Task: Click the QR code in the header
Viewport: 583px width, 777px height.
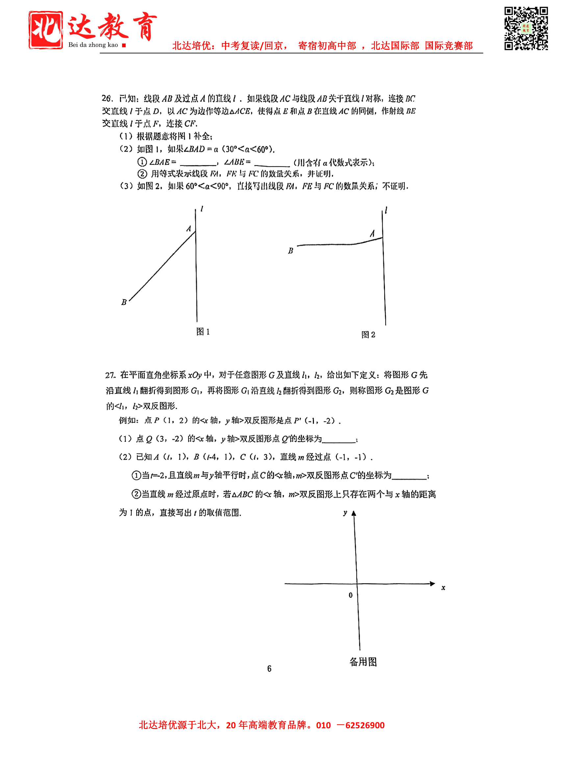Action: tap(526, 28)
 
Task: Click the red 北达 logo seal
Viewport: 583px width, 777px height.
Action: tap(46, 30)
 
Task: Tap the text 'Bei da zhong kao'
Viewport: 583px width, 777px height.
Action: tap(93, 45)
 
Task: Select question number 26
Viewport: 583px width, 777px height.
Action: tap(107, 98)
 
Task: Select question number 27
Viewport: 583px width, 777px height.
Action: tap(110, 375)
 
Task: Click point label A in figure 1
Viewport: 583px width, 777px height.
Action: tap(189, 229)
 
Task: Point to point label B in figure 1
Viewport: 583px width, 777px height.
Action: tap(124, 302)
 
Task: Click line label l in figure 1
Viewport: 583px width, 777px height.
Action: tap(202, 209)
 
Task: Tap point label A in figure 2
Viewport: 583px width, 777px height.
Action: tap(372, 234)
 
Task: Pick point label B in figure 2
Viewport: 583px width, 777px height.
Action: tap(290, 251)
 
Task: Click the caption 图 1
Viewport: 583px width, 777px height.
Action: tap(203, 332)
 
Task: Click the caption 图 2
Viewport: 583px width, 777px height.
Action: tap(368, 335)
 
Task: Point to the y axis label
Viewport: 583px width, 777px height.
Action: tap(345, 513)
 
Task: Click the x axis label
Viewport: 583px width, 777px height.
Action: tap(443, 588)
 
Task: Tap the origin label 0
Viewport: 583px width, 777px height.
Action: tap(350, 595)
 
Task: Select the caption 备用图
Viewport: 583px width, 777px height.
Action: tap(363, 662)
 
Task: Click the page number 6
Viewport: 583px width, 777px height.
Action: tap(269, 668)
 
